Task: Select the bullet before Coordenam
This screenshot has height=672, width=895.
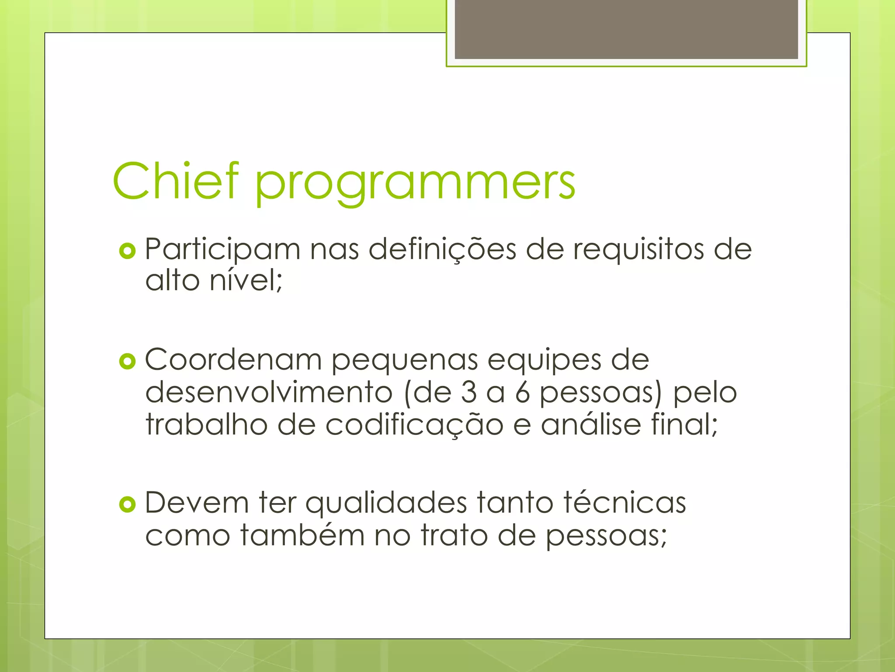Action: pyautogui.click(x=127, y=362)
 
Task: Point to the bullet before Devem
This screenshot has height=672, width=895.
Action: pyautogui.click(x=127, y=505)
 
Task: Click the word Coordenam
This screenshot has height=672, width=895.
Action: pyautogui.click(x=233, y=360)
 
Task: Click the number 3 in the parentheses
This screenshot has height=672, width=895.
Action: pyautogui.click(x=468, y=392)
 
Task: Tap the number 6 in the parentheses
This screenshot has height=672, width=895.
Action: pyautogui.click(x=522, y=392)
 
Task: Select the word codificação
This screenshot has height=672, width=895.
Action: pyautogui.click(x=414, y=425)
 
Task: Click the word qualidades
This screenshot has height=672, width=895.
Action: pyautogui.click(x=386, y=503)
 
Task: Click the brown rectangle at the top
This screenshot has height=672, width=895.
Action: pyautogui.click(x=626, y=29)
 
